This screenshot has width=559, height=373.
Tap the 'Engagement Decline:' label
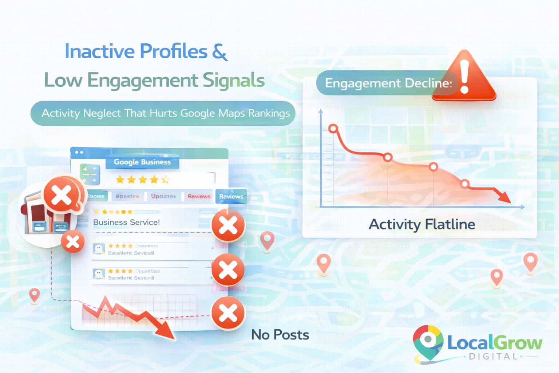click(x=388, y=83)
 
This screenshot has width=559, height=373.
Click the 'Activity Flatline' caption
click(x=422, y=224)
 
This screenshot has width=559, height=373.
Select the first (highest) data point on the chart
click(x=333, y=129)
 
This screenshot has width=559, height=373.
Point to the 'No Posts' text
click(x=280, y=335)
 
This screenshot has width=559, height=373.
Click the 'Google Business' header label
click(x=142, y=162)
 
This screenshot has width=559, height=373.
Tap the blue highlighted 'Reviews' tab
click(x=231, y=196)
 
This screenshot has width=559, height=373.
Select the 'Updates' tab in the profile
click(x=163, y=196)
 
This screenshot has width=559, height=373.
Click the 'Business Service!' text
click(x=126, y=222)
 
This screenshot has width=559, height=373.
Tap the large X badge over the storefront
click(x=62, y=195)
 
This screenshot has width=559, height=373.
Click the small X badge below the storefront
click(x=73, y=241)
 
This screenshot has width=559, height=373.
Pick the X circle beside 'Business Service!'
click(x=228, y=225)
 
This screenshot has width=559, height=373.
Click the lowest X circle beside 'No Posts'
click(x=228, y=313)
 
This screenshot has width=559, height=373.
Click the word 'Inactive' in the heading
click(x=99, y=51)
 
